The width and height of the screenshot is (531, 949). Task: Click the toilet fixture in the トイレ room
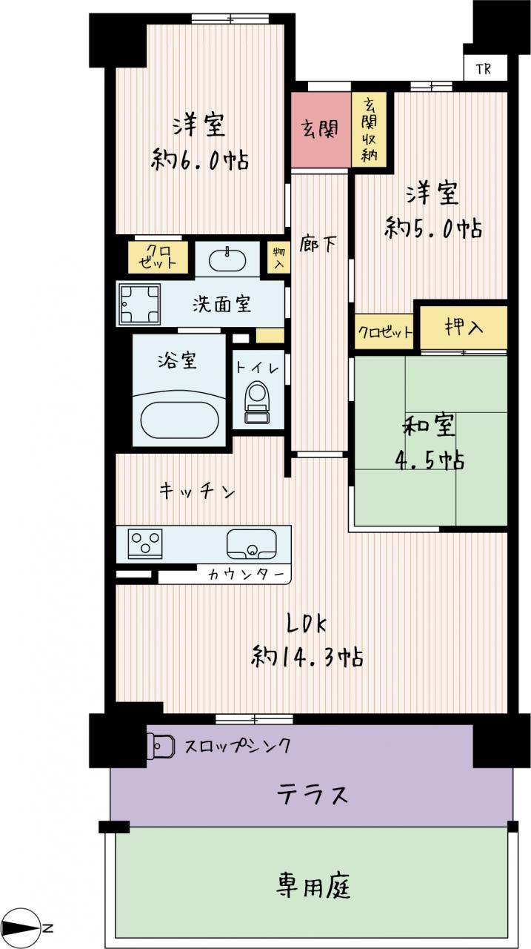click(x=257, y=402)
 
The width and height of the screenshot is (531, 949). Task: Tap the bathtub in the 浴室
click(x=179, y=420)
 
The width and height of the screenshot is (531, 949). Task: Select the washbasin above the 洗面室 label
click(x=227, y=259)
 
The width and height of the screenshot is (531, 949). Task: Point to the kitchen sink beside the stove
click(x=252, y=544)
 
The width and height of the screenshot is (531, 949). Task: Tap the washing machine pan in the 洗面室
click(x=140, y=304)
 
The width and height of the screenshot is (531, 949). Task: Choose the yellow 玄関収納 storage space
click(x=369, y=129)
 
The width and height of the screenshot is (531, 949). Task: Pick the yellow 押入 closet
click(x=464, y=328)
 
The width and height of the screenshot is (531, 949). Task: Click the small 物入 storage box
click(x=279, y=257)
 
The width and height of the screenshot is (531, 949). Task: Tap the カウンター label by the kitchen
click(x=246, y=575)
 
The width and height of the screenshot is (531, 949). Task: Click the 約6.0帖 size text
click(x=200, y=160)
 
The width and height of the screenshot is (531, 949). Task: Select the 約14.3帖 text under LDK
click(x=307, y=657)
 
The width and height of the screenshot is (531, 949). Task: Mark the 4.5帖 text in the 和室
click(x=430, y=459)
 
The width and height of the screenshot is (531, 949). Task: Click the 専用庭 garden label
click(x=313, y=886)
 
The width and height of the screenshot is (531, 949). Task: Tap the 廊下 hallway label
click(x=318, y=244)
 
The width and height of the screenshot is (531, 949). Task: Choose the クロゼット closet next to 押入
click(x=384, y=331)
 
